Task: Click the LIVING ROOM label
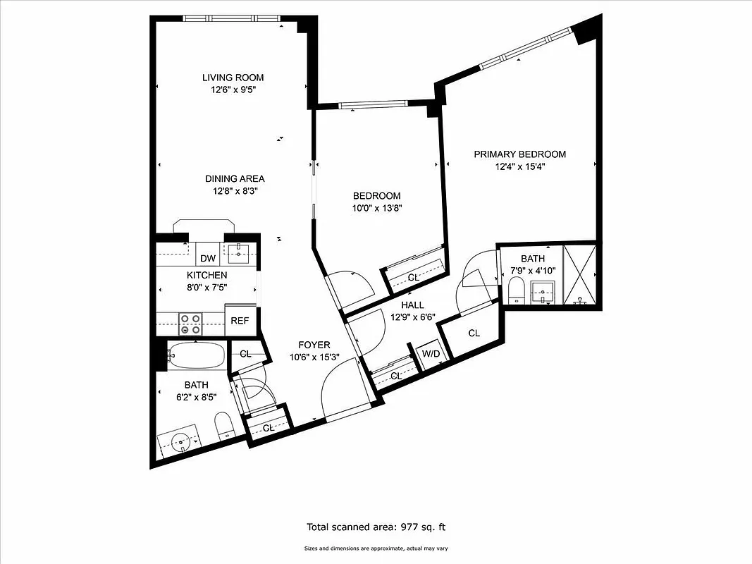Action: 233,78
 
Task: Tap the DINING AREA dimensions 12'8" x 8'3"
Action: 235,190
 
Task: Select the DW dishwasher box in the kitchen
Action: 207,259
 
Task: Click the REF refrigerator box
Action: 240,321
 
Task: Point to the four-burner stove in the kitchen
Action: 190,324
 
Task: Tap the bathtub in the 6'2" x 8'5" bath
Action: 197,356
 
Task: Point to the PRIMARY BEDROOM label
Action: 519,154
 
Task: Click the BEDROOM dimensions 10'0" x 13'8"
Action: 377,208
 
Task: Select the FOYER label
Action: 314,345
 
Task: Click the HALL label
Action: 412,305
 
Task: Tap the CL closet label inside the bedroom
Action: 414,278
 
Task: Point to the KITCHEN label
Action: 207,275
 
